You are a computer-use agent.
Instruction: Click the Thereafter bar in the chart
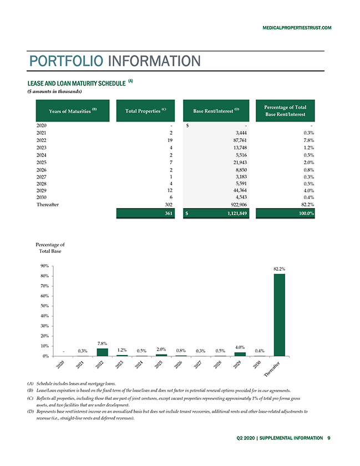279,315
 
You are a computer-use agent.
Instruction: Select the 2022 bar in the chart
102,352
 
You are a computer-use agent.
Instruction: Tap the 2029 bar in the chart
240,354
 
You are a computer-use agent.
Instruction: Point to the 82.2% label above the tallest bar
279,269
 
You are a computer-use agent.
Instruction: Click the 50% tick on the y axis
45,306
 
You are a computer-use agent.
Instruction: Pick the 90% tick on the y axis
45,266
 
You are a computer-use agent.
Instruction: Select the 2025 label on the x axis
159,364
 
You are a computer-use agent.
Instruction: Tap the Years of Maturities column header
73,110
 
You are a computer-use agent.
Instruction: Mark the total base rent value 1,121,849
237,213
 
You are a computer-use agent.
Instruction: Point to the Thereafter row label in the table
48,205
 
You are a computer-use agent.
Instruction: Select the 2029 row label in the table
41,190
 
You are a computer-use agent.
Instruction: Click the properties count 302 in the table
169,205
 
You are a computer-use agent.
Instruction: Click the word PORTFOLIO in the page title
66,61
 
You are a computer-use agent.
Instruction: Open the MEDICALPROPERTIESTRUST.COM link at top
297,28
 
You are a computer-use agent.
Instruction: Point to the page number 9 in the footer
329,438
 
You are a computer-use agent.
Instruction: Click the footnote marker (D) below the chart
30,411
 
